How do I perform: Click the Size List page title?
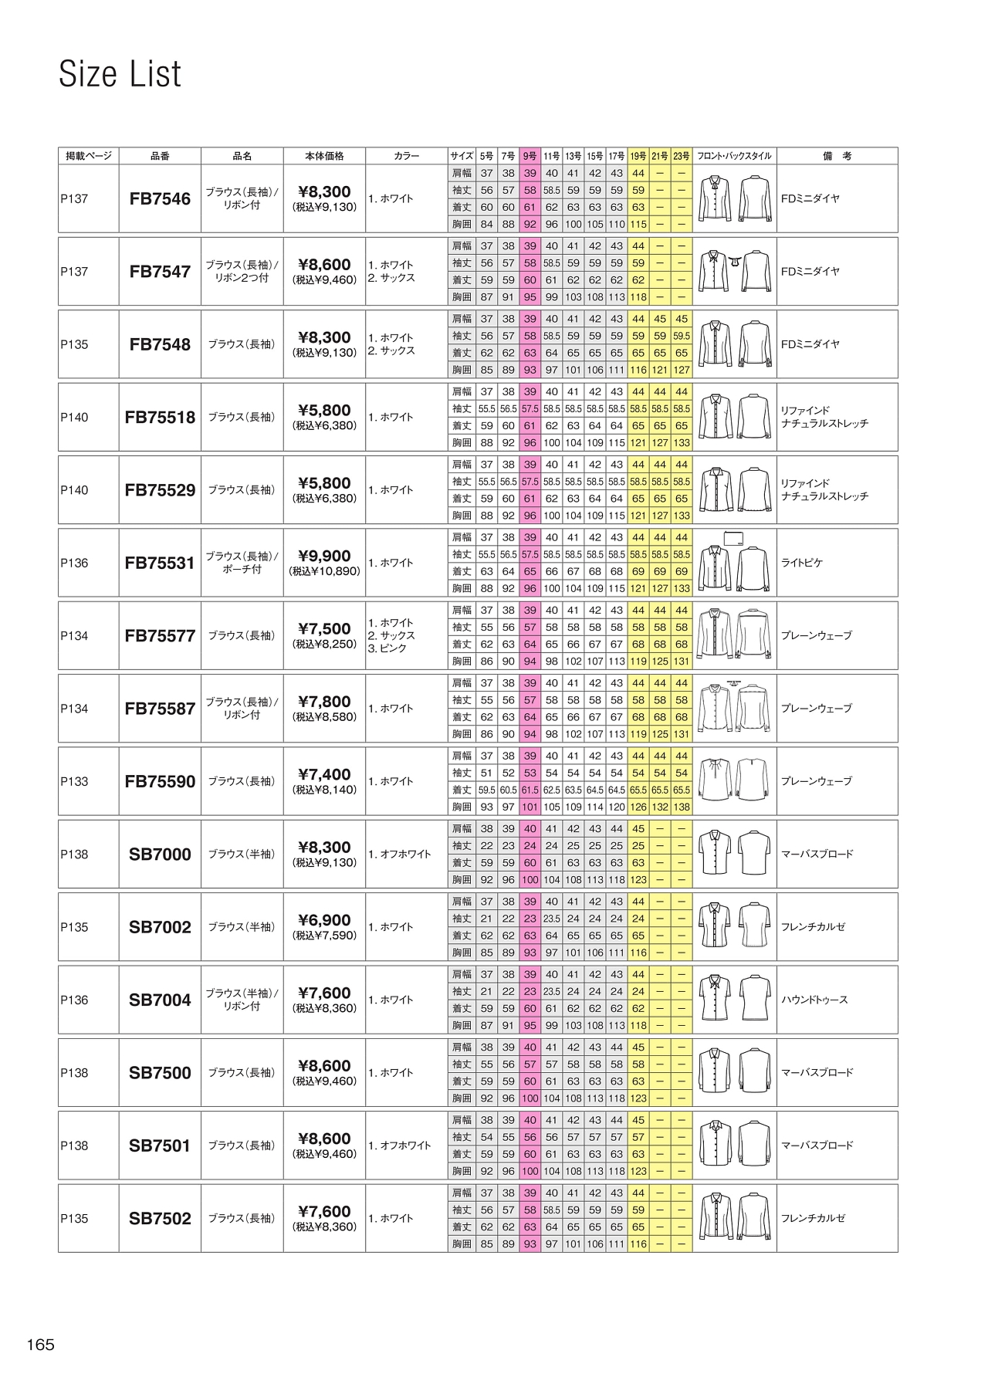[120, 74]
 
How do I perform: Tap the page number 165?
[41, 1345]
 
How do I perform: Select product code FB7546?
[160, 199]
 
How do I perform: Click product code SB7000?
[160, 855]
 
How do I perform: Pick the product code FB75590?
[160, 781]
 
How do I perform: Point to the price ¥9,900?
[324, 556]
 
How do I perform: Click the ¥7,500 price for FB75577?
[324, 628]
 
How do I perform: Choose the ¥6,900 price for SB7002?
[324, 920]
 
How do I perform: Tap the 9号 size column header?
[530, 156]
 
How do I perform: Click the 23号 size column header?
[682, 156]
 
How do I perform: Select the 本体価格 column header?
[324, 156]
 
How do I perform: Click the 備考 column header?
[837, 156]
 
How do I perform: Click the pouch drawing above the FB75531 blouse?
[733, 538]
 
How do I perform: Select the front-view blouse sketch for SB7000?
[713, 854]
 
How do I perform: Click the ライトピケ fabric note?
[802, 563]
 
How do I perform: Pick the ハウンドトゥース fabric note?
[814, 1000]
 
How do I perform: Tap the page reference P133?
[74, 781]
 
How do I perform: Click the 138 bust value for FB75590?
[682, 807]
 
